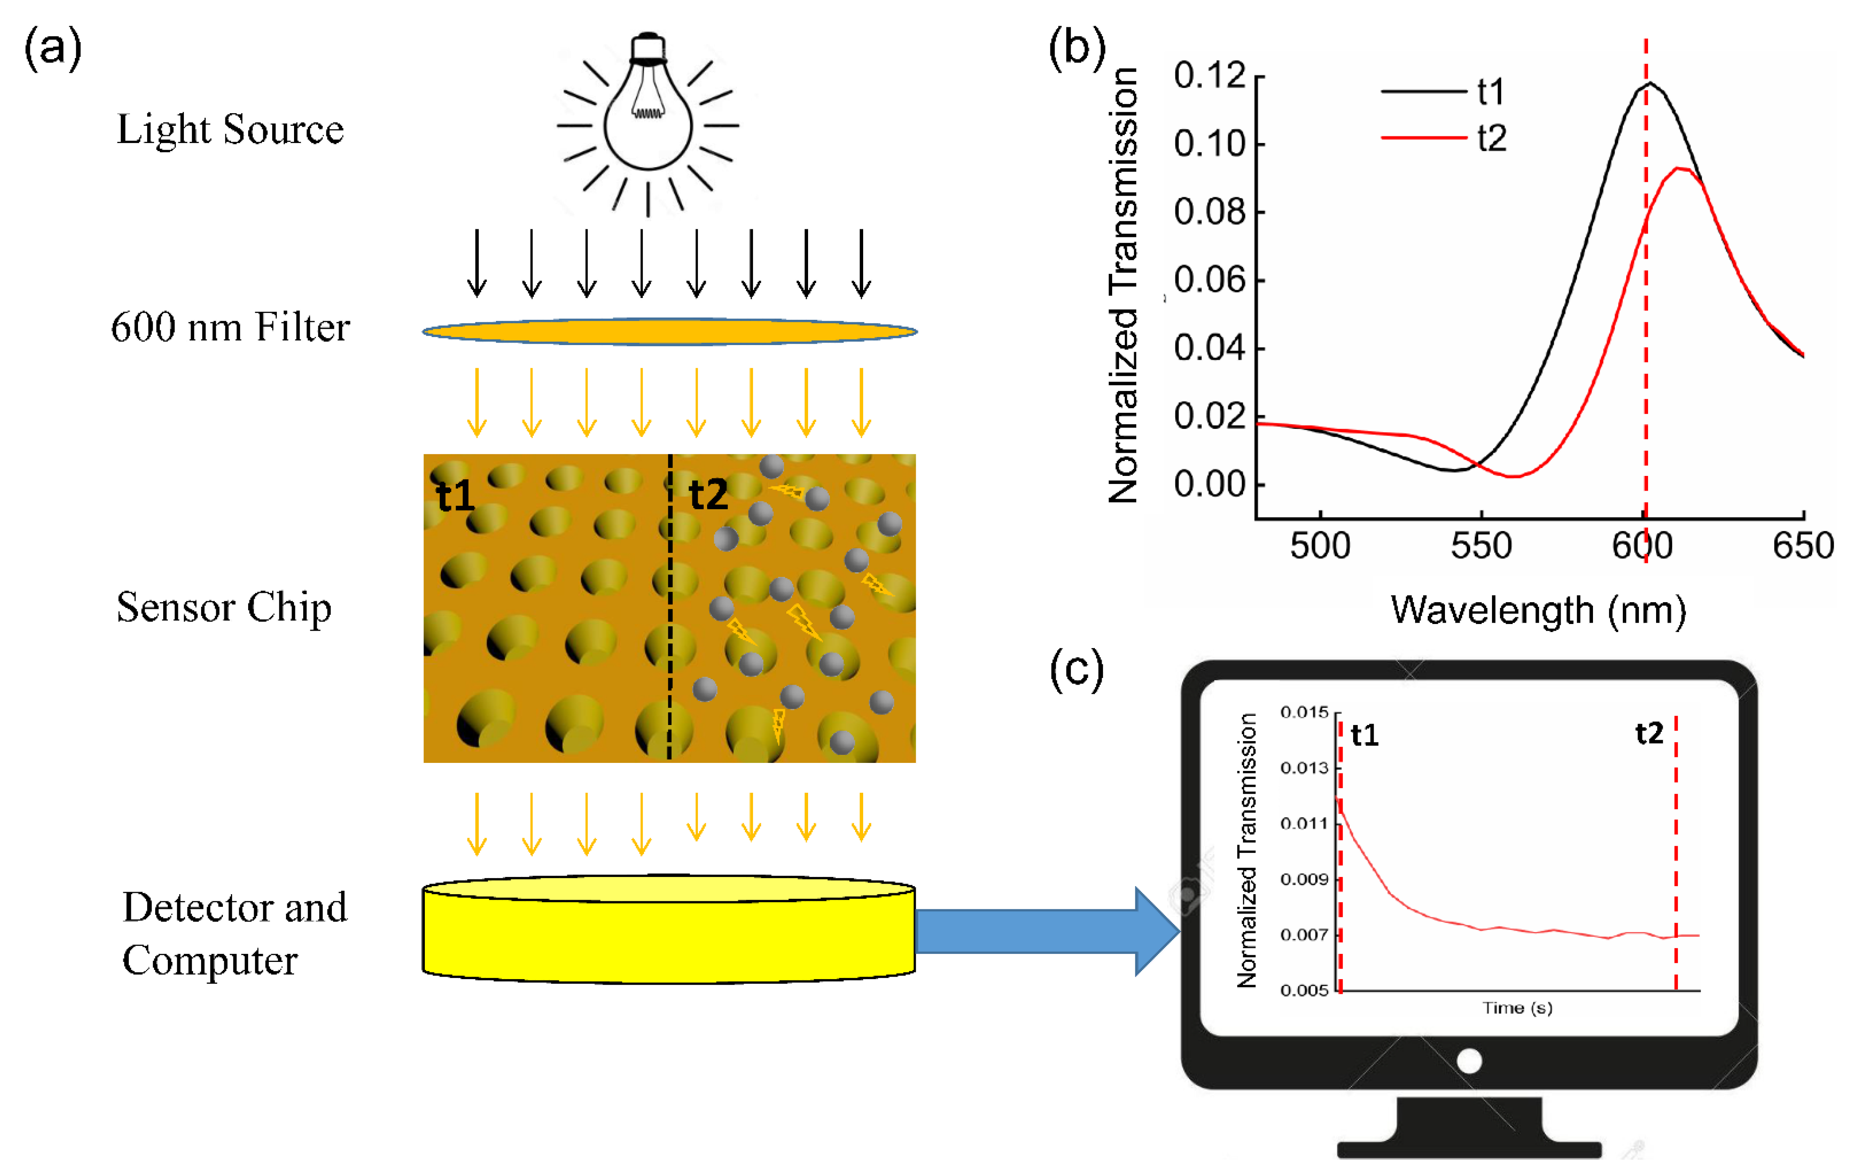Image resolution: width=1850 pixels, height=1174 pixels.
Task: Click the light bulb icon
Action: coord(648,115)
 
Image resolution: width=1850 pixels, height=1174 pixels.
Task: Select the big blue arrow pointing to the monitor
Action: coord(1045,931)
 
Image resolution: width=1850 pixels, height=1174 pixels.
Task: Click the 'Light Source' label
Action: coord(230,129)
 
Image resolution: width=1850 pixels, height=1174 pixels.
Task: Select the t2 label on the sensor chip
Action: coord(708,494)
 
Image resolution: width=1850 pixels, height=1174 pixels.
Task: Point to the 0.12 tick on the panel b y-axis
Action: coord(1209,75)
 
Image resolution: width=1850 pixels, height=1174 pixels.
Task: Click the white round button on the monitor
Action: coord(1469,1061)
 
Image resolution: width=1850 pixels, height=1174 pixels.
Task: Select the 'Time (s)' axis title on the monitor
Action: coord(1517,1008)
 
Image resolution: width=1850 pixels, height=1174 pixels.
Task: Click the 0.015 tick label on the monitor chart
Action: coord(1304,712)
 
